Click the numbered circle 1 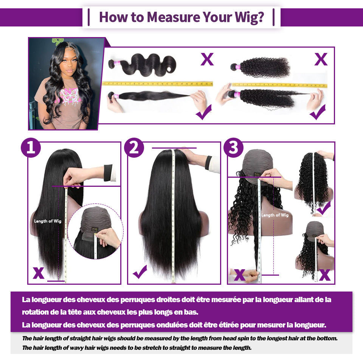tap(31, 148)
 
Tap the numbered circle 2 tap(134, 148)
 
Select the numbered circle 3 tap(233, 148)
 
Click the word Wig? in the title tap(249, 17)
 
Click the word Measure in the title tap(174, 17)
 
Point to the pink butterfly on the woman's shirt tap(69, 95)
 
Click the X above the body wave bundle tap(207, 59)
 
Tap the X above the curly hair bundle tap(321, 59)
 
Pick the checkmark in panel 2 tap(140, 272)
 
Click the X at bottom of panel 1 tap(39, 273)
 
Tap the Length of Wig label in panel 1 tap(48, 221)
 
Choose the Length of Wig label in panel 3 tap(275, 215)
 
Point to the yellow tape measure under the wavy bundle tap(157, 84)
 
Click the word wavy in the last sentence tap(76, 348)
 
